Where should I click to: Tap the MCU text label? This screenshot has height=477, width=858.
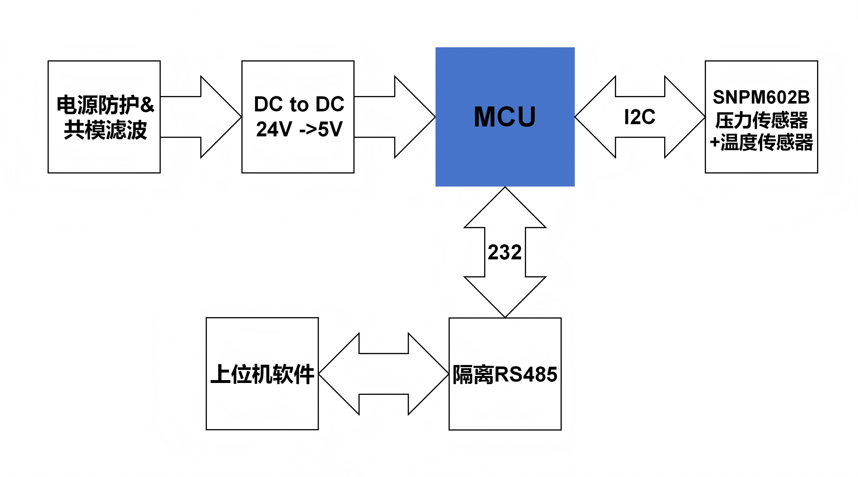click(505, 117)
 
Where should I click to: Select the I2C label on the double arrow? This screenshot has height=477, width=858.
click(640, 117)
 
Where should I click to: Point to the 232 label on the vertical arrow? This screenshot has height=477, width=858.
click(505, 252)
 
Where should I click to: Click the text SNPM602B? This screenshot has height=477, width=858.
click(761, 97)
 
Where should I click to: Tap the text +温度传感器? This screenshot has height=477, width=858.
click(761, 142)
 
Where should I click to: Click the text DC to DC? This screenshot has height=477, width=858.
click(299, 104)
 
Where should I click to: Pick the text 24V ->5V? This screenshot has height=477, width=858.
click(299, 129)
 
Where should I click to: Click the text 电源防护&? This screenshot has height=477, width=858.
click(105, 104)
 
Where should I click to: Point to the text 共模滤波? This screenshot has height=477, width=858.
click(105, 130)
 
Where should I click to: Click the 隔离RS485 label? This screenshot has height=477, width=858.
click(505, 374)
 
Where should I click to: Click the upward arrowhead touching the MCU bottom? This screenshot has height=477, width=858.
click(505, 210)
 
